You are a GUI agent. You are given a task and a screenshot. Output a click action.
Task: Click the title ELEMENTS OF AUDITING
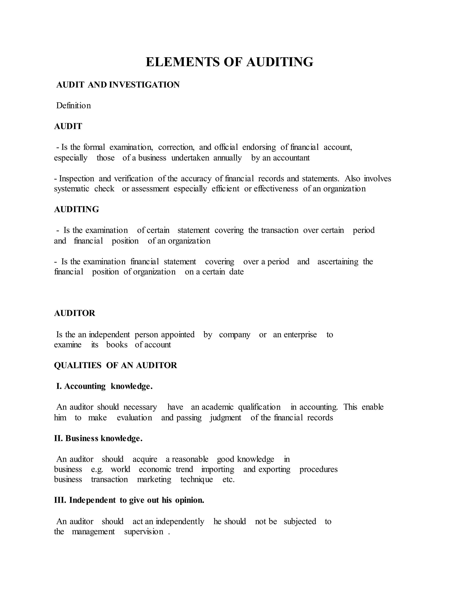point(229,62)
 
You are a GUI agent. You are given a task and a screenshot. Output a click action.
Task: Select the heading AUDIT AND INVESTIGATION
point(118,85)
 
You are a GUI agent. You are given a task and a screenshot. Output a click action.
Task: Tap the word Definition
point(73,106)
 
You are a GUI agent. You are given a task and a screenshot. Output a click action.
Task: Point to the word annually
point(227,158)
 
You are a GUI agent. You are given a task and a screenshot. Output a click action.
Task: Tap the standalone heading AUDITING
point(76,210)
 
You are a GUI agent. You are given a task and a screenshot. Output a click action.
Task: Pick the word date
point(236,272)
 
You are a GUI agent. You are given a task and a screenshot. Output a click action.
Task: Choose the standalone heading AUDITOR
point(75,313)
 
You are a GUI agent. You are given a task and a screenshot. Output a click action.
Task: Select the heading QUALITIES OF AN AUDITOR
point(115,365)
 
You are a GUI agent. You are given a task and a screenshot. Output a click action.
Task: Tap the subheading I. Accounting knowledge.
point(104,386)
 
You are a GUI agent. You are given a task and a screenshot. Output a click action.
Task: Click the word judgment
point(225,418)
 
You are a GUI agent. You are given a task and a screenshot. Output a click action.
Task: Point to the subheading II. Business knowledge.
point(98,439)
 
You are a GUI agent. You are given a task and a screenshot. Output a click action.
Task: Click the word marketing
point(154,479)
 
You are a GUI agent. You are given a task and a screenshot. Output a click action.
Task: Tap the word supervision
point(144,532)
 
